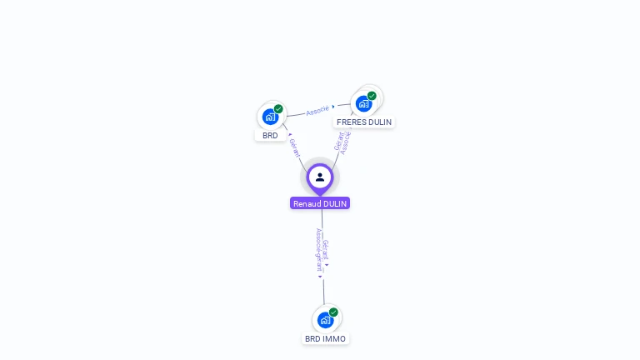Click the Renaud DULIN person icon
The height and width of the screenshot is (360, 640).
click(x=320, y=177)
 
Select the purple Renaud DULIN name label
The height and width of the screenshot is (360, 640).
click(x=320, y=203)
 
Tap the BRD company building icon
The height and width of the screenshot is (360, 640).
click(x=270, y=117)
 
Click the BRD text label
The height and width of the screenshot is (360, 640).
click(x=270, y=135)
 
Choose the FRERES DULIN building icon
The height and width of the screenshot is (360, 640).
click(x=363, y=104)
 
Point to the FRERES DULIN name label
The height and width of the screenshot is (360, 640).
click(x=364, y=122)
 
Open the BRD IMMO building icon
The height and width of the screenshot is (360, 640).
click(x=325, y=320)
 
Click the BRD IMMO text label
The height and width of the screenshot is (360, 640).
click(x=325, y=339)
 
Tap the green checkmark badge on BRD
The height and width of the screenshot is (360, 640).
click(x=278, y=109)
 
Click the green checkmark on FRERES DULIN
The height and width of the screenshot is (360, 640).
click(x=372, y=96)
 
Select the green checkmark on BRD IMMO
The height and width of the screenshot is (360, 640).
click(x=333, y=312)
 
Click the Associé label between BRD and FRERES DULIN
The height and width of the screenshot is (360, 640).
click(x=317, y=110)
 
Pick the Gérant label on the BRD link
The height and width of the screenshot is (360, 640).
click(x=295, y=147)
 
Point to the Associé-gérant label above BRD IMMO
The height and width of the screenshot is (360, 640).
click(x=318, y=250)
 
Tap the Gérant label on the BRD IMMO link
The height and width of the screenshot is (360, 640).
click(x=326, y=251)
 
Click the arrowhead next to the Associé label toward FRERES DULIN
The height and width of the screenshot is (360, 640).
click(x=333, y=107)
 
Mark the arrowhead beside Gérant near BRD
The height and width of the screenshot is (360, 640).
click(x=289, y=134)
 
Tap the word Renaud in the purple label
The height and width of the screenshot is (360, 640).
click(x=307, y=203)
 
